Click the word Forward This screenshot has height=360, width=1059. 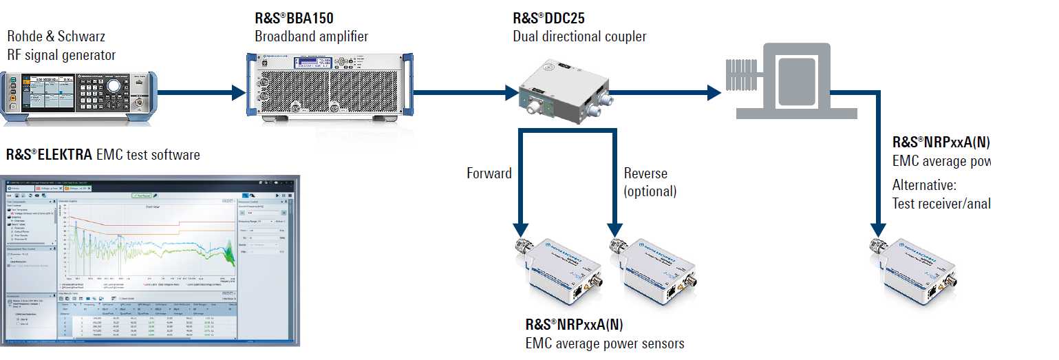click(489, 173)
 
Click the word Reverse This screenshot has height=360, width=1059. click(645, 173)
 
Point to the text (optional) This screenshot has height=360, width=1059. click(650, 191)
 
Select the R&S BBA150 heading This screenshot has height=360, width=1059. click(295, 19)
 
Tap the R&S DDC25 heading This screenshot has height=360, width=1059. click(548, 19)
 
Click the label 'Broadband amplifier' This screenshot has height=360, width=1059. click(311, 36)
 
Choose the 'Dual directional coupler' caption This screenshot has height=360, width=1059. click(579, 36)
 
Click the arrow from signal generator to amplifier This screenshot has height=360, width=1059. click(200, 92)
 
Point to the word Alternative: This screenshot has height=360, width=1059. click(924, 185)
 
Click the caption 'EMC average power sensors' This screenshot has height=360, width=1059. click(605, 343)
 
